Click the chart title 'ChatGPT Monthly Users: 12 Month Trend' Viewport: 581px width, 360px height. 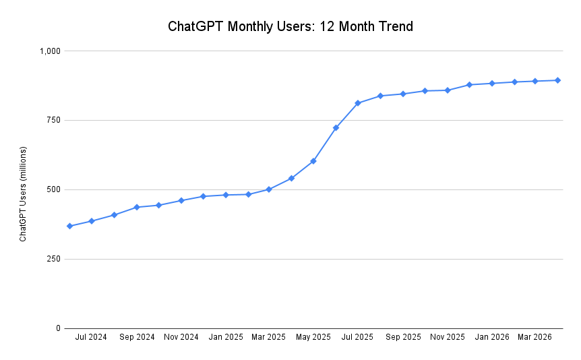coord(290,27)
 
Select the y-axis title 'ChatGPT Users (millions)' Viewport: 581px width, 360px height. coord(23,193)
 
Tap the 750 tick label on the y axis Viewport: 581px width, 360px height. coord(54,120)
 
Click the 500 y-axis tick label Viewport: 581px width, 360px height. coord(54,189)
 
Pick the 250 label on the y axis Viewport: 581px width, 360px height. coord(54,259)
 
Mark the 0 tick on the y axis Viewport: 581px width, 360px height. coord(58,328)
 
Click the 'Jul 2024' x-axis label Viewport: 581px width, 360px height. coord(91,337)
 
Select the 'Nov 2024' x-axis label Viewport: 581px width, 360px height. coord(181,337)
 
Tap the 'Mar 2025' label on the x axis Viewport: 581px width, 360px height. coord(269,337)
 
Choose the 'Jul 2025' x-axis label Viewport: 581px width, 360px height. coord(357,337)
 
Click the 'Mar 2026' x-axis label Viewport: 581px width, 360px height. coord(534,337)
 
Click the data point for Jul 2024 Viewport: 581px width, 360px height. coord(92,221)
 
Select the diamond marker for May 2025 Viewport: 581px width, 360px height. coord(313,161)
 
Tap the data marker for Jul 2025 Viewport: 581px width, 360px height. coord(358,103)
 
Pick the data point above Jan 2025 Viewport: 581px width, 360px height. coord(226,195)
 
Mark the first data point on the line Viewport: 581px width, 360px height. coord(69,226)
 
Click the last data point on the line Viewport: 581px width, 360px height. coord(557,80)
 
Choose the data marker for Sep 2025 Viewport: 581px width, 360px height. coord(402,94)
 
